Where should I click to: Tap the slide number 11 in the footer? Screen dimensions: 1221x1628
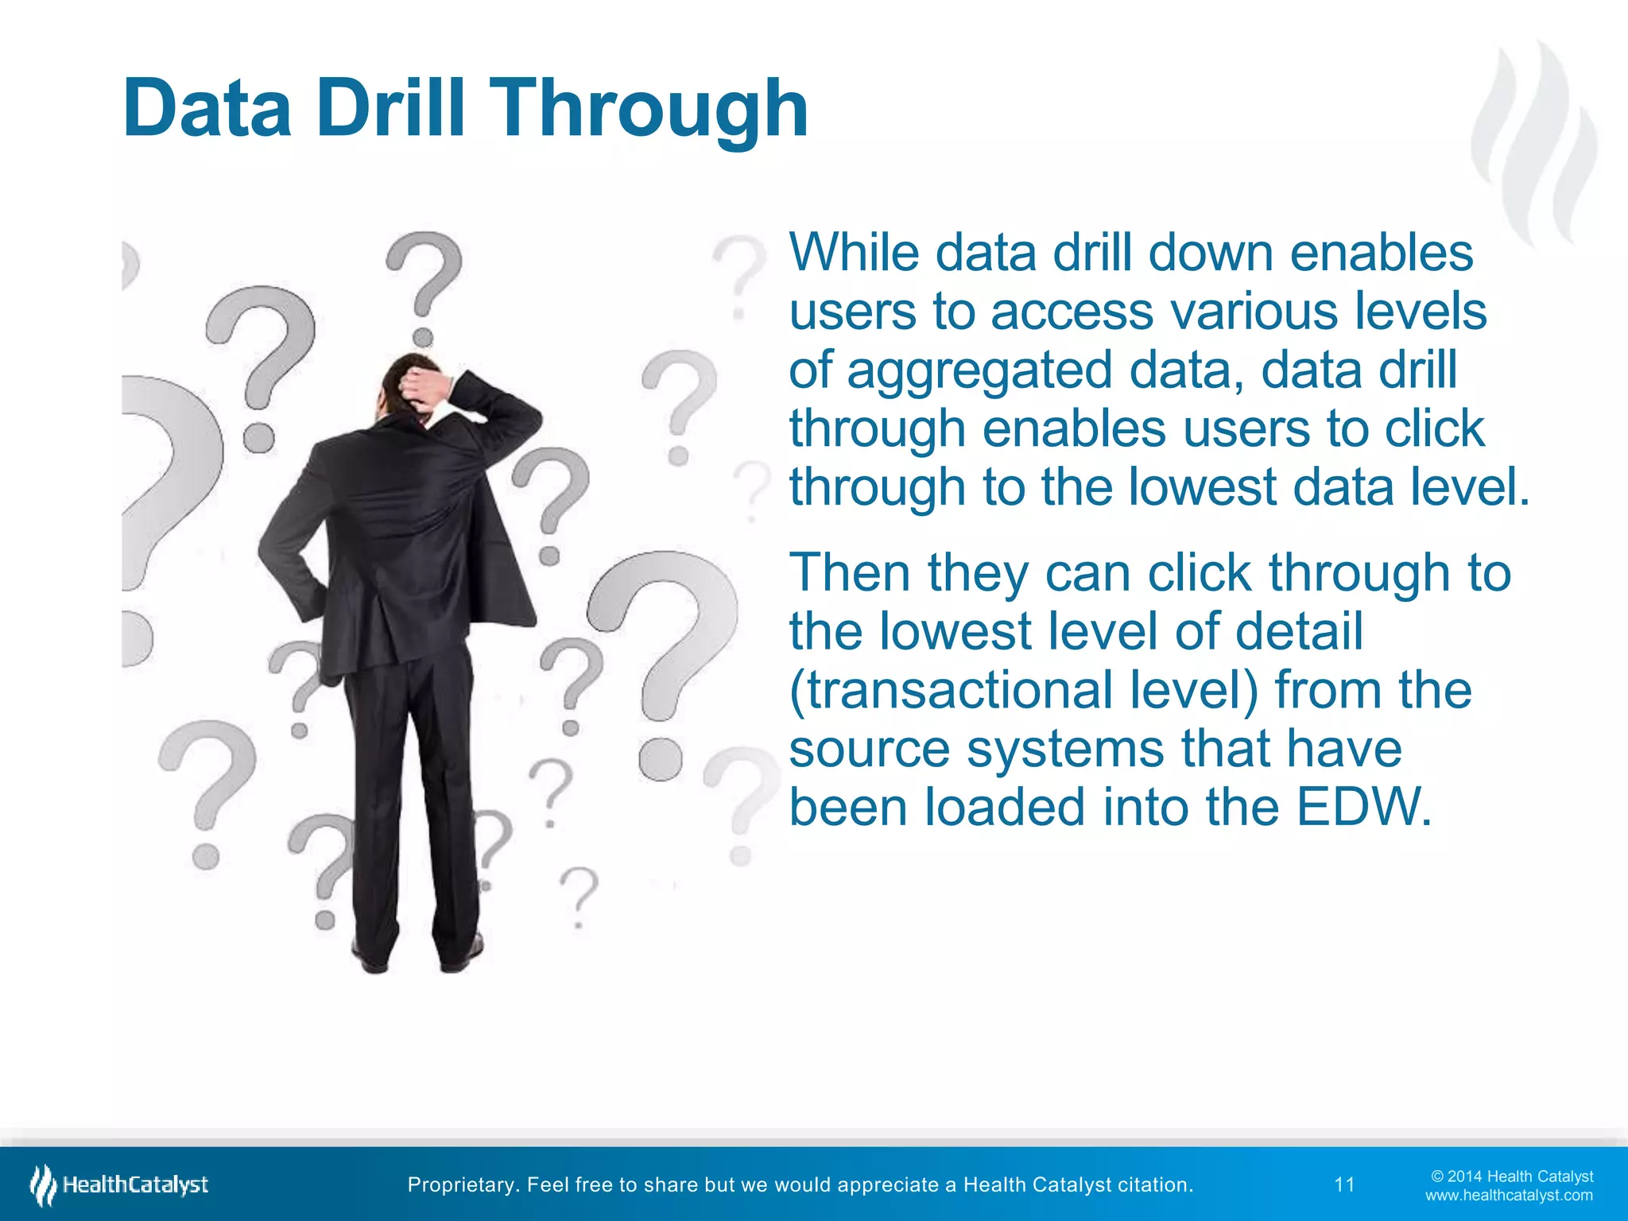tap(1344, 1184)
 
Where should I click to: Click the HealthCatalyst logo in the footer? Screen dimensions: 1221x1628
tap(119, 1184)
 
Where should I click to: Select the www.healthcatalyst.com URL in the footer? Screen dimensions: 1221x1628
tap(1508, 1196)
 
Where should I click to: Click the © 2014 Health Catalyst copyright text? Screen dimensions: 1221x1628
tap(1511, 1176)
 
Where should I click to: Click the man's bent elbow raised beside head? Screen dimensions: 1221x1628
tap(525, 413)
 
